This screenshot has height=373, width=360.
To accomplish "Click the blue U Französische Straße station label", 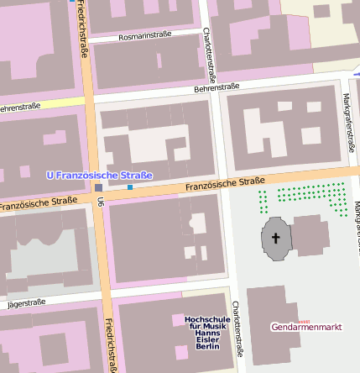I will point(99,175).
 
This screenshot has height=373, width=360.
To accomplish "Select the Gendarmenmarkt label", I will point(306,327).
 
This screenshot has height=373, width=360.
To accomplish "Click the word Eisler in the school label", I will point(206,339).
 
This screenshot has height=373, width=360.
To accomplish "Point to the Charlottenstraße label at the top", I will point(207,49).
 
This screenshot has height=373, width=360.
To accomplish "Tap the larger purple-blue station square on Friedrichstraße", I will point(99,187).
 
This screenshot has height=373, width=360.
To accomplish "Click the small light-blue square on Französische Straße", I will point(130,186).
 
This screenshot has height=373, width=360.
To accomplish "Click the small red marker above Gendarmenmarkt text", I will point(305,320).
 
